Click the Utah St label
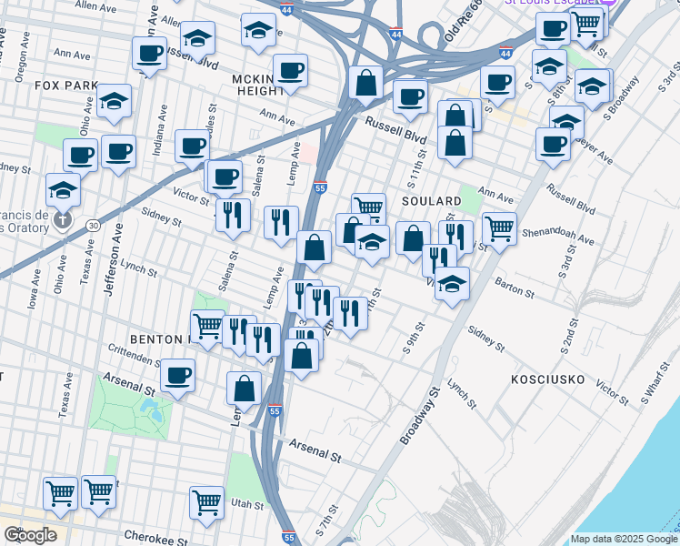click(x=245, y=503)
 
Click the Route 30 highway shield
click(x=93, y=225)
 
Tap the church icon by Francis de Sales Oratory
click(x=63, y=219)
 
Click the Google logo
click(x=30, y=535)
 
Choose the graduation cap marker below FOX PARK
click(x=115, y=101)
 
